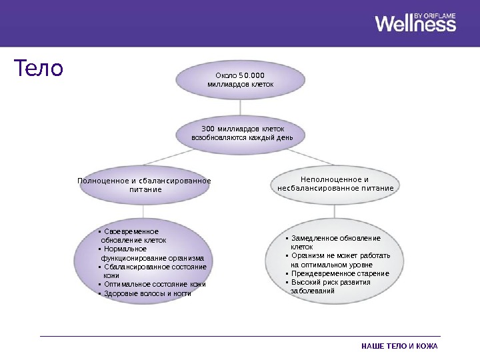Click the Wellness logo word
coord(415,25)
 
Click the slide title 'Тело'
coord(39,68)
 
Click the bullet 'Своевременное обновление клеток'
coord(133,235)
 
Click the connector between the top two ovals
coord(240,107)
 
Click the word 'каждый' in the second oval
coord(252,137)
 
